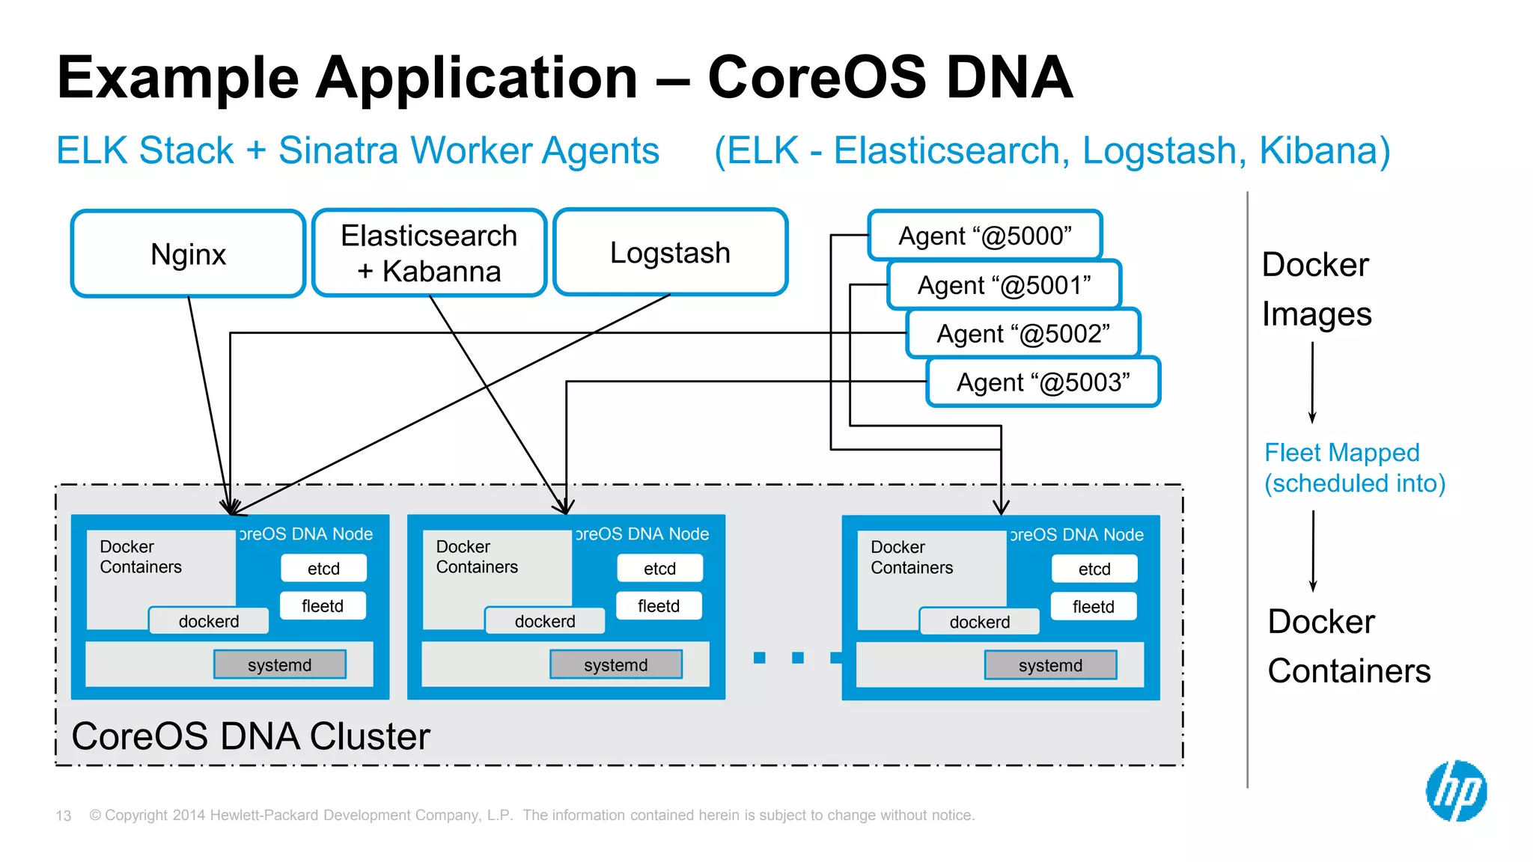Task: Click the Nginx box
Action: point(188,254)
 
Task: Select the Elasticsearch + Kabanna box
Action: point(429,253)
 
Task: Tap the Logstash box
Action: point(670,252)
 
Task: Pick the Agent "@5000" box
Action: point(985,236)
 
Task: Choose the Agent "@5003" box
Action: point(1043,382)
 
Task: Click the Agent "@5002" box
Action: point(1023,334)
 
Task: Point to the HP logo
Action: point(1455,791)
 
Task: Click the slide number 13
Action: point(64,816)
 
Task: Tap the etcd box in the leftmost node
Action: point(323,569)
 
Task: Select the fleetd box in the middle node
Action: point(659,606)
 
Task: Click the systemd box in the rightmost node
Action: point(1050,665)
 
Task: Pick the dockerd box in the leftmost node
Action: point(209,621)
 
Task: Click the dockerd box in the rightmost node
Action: point(979,622)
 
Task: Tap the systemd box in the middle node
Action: point(615,664)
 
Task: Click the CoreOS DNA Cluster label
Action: point(251,736)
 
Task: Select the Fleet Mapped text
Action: point(1341,453)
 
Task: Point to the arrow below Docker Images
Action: point(1312,382)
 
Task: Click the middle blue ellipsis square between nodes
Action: point(798,658)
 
